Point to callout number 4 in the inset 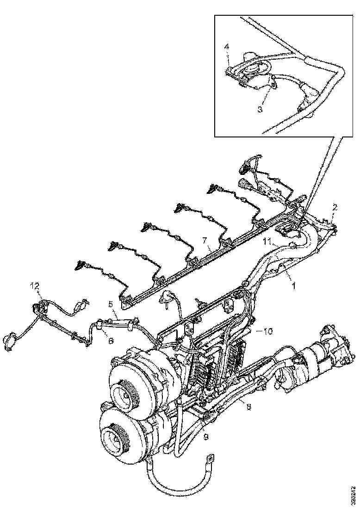coord(227,47)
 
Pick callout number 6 coord(111,340)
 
